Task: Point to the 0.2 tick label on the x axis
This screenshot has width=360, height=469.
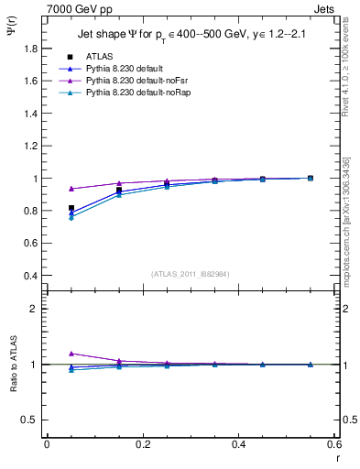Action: (x=142, y=444)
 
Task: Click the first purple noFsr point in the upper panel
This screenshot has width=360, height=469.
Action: (x=71, y=189)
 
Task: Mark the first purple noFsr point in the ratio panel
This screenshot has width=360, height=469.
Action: (x=71, y=354)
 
